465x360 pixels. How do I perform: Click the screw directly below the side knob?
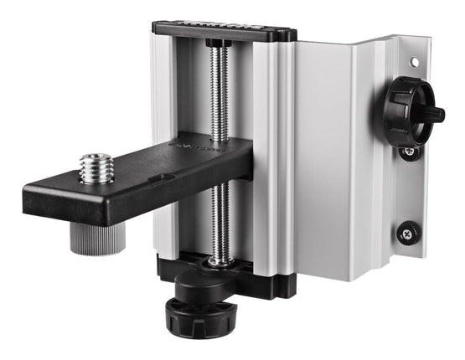[409, 152]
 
